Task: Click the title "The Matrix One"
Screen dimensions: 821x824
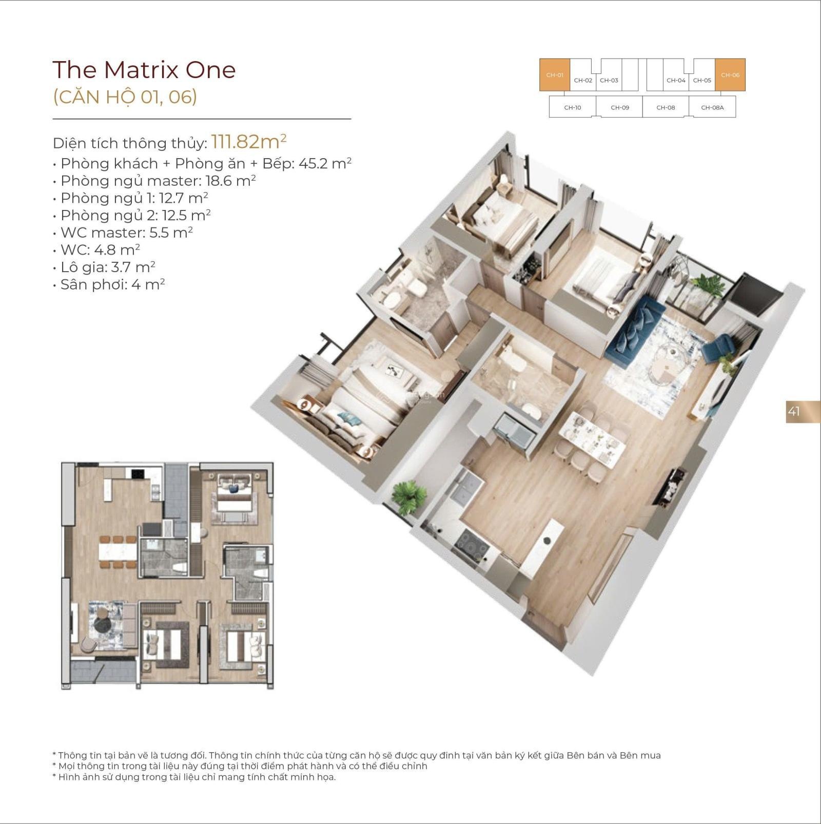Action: (144, 70)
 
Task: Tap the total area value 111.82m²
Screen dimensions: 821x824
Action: (248, 141)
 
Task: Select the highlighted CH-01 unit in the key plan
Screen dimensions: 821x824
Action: (555, 75)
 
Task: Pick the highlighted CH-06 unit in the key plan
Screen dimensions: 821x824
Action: (730, 75)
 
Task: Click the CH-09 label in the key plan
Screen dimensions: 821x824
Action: (620, 108)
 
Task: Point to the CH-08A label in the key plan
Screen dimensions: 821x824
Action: (712, 108)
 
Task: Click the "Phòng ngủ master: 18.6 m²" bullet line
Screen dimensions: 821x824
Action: (154, 181)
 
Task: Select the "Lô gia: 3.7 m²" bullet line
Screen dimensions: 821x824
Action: (104, 267)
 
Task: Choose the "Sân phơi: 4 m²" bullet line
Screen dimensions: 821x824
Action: (109, 284)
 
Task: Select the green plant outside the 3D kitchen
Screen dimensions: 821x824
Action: (409, 496)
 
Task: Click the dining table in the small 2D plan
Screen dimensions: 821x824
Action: (119, 552)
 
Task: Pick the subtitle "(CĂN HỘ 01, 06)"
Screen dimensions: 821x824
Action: (125, 97)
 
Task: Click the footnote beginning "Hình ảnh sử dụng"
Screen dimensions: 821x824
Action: (194, 777)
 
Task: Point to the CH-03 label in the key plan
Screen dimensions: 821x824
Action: (609, 81)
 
